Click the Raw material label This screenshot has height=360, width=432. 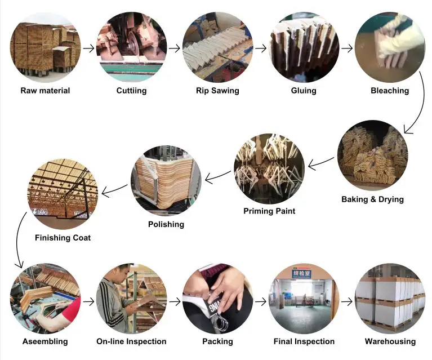(45, 91)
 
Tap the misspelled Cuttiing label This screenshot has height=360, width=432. (131, 91)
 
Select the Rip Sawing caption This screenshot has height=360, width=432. (217, 91)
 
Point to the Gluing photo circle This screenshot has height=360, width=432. (304, 48)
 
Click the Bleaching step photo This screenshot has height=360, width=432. (390, 48)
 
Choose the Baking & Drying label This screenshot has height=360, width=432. (372, 199)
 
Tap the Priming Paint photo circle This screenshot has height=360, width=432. (269, 168)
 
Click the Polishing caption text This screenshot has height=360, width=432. (166, 224)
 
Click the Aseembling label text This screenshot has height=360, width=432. (45, 341)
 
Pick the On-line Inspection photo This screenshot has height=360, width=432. (131, 299)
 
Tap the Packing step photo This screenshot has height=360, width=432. (217, 299)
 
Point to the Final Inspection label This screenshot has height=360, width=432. (304, 341)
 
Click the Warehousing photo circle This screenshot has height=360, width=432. (390, 299)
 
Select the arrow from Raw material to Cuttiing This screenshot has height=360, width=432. (88, 48)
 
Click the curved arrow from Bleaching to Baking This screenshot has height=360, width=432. (416, 113)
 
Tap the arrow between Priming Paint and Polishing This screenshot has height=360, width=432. (217, 177)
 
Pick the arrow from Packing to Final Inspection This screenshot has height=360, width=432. (261, 301)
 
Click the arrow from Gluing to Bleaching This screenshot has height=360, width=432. (347, 48)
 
